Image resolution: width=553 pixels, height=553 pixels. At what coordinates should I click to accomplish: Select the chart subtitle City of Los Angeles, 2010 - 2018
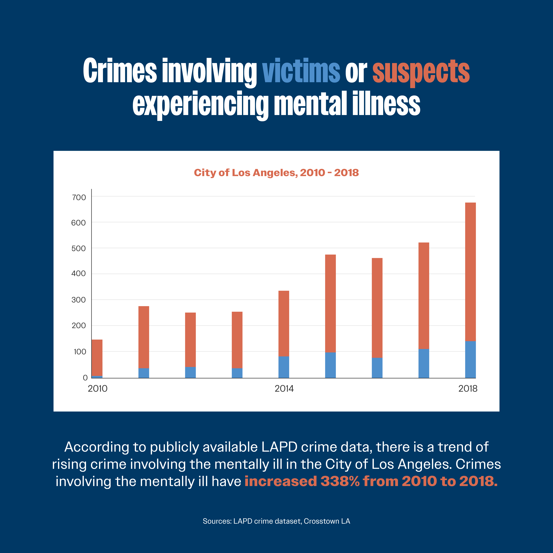click(276, 173)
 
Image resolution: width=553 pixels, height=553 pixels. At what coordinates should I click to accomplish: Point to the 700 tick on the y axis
click(79, 197)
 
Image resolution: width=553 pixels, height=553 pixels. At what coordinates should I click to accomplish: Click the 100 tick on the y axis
click(80, 351)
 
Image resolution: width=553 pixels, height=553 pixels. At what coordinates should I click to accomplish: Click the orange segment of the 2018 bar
click(470, 272)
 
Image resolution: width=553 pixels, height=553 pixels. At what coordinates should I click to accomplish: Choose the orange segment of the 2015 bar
click(330, 303)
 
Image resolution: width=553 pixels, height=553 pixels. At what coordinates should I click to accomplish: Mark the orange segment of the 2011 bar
click(144, 337)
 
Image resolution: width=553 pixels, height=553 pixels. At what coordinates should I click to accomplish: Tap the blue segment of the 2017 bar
click(424, 364)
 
